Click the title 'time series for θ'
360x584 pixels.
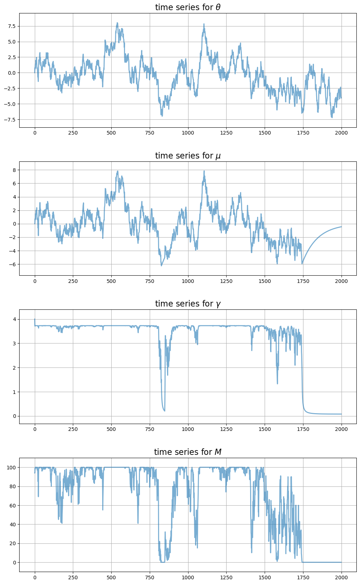(x=187, y=7)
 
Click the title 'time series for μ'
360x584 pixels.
(x=187, y=156)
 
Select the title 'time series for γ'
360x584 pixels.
(x=187, y=304)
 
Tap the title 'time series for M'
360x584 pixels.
(x=187, y=452)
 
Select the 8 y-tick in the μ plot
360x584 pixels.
(x=14, y=170)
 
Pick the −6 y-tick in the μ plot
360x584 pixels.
(x=12, y=264)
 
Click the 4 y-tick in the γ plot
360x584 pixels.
(x=14, y=319)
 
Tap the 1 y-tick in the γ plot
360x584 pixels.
(x=14, y=392)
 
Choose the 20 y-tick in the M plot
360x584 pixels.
(x=11, y=543)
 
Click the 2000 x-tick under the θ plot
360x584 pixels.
(x=341, y=133)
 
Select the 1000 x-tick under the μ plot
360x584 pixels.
(x=188, y=281)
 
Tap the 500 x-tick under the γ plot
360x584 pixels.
(x=111, y=429)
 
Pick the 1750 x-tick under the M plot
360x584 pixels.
(x=303, y=577)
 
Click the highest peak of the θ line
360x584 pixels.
(x=117, y=22)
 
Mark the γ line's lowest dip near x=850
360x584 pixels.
(x=165, y=411)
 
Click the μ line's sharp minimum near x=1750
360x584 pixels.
(x=302, y=264)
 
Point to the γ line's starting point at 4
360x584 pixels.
(x=35, y=319)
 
